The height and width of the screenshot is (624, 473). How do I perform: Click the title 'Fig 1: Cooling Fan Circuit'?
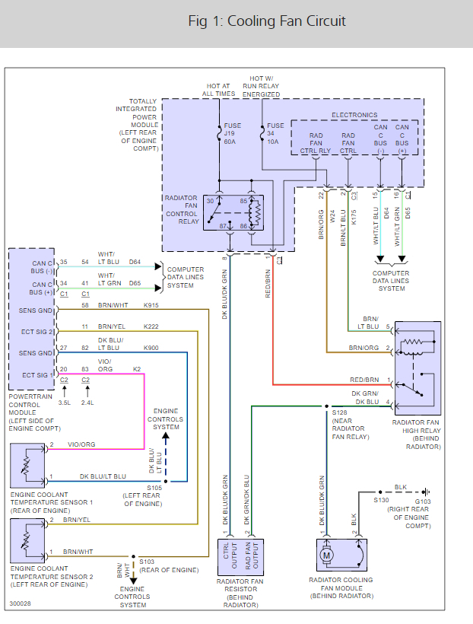(267, 21)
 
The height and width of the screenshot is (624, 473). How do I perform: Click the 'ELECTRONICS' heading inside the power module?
(354, 115)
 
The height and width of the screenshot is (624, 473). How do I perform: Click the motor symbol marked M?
(328, 555)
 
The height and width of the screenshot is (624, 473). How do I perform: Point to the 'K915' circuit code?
(152, 305)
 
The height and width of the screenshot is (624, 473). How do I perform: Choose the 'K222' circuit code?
(152, 326)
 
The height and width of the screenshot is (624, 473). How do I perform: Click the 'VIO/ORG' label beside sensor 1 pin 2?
(81, 444)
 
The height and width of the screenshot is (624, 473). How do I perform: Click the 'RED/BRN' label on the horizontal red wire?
(365, 379)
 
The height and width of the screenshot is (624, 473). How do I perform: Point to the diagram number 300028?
(20, 604)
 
